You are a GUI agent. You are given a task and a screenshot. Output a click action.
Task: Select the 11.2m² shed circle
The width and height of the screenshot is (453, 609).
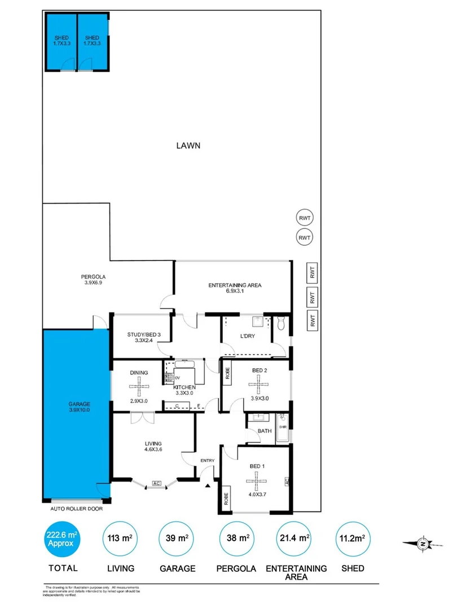tap(354, 540)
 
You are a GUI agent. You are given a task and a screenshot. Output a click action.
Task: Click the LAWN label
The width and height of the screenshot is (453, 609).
tap(188, 145)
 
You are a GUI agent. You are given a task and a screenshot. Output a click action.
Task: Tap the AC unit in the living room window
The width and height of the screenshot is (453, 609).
tap(157, 483)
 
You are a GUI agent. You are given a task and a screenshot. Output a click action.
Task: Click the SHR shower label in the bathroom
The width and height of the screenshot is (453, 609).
tap(283, 427)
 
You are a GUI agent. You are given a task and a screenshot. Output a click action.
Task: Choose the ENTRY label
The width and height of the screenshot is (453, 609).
tap(208, 461)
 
